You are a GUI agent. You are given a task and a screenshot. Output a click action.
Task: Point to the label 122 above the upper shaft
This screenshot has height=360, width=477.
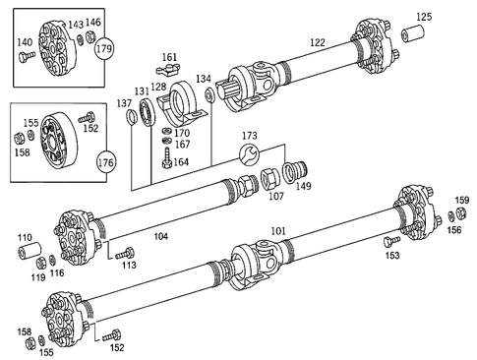(317, 42)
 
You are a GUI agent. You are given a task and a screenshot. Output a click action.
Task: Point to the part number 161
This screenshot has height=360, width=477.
(170, 58)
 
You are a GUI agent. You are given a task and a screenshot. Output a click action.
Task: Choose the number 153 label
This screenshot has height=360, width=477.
(391, 255)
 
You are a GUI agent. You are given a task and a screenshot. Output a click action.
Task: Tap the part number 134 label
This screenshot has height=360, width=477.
(203, 78)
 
